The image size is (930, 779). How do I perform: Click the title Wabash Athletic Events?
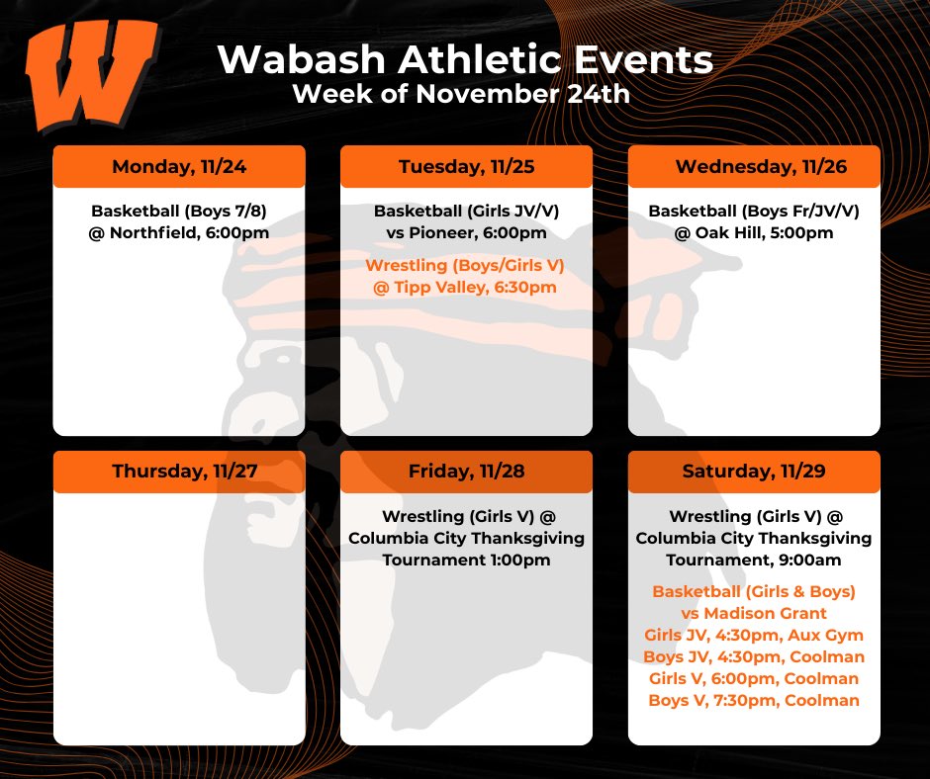(465, 60)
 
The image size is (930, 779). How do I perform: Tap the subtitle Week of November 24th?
(465, 96)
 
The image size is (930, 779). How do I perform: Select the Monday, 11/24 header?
(179, 166)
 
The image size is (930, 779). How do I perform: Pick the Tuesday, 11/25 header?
(466, 166)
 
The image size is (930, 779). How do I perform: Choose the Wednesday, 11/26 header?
(754, 166)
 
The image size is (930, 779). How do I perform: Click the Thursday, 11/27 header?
(179, 471)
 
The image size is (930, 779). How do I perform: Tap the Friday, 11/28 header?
(466, 471)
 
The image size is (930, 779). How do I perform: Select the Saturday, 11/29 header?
(754, 471)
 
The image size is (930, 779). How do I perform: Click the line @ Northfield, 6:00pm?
(179, 233)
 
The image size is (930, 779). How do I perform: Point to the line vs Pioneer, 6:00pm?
(466, 233)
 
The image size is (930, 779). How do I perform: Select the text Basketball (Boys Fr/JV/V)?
(754, 212)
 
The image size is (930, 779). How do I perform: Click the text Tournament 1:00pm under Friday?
(466, 561)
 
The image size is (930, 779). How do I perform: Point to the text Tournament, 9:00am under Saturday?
(754, 561)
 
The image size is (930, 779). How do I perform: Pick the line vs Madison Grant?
(754, 613)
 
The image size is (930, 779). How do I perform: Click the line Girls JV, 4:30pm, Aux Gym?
(754, 635)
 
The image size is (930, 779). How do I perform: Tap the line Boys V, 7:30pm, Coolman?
(754, 700)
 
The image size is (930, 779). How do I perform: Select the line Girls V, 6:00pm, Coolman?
(754, 678)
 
